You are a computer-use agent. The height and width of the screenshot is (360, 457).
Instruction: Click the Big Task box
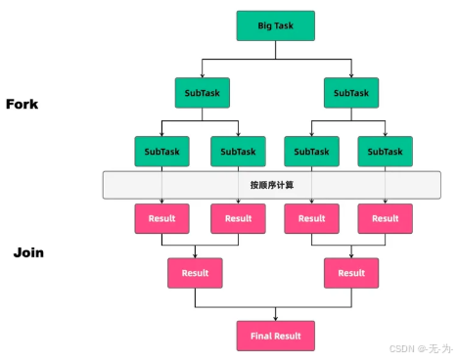pos(276,25)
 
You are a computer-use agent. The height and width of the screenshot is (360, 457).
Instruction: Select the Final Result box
pos(276,336)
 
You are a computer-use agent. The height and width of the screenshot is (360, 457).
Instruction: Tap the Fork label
pos(22,104)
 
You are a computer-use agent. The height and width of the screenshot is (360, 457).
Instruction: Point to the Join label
pos(28,252)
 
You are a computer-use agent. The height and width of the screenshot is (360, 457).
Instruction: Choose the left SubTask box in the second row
pos(203,93)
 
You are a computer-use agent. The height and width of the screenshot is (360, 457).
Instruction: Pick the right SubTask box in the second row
pos(351,93)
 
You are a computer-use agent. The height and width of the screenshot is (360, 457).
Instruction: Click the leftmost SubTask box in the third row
pos(161,152)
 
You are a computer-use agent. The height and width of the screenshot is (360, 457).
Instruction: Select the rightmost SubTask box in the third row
pos(385,152)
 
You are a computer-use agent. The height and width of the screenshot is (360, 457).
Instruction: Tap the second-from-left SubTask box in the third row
pos(238,152)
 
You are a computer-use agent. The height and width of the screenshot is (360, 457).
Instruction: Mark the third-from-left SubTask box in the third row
pos(312,152)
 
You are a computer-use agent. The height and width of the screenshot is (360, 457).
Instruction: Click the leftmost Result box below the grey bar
pos(161,218)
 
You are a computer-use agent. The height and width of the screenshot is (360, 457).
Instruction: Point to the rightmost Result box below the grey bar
pos(385,218)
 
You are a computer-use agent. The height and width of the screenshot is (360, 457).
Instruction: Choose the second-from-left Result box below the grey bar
pos(238,218)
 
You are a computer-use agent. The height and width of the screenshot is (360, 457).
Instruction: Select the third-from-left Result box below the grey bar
pos(312,218)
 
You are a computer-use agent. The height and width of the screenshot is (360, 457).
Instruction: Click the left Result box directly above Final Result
pos(195,273)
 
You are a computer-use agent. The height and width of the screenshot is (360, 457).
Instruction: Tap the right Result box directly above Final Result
pos(351,273)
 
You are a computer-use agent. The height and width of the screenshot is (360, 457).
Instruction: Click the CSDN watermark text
pos(421,348)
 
